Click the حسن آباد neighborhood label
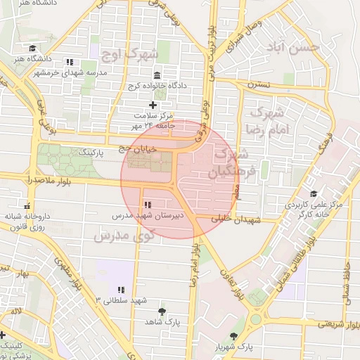tap(293, 47)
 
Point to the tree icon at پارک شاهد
tap(163, 310)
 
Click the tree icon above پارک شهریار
tap(234, 336)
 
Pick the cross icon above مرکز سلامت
tap(153, 105)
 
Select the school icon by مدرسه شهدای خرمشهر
tap(68, 62)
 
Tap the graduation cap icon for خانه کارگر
tap(313, 194)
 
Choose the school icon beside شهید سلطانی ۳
tap(121, 289)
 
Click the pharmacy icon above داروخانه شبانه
tap(27, 207)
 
